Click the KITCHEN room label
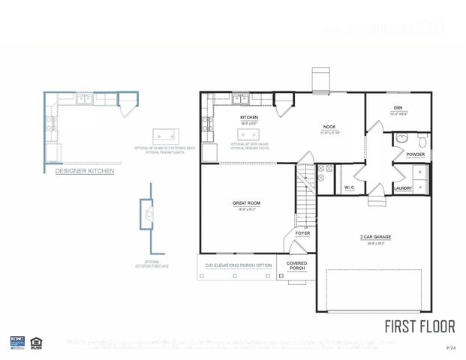click(x=249, y=118)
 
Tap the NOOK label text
click(x=329, y=127)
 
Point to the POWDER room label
click(x=416, y=154)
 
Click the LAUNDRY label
click(x=402, y=188)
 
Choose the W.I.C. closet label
click(x=349, y=187)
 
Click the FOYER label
click(x=302, y=233)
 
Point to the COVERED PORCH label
click(x=297, y=265)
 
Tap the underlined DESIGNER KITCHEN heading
click(x=85, y=171)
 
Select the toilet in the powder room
click(x=422, y=140)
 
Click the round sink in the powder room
click(x=402, y=138)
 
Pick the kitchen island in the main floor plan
click(x=249, y=135)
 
